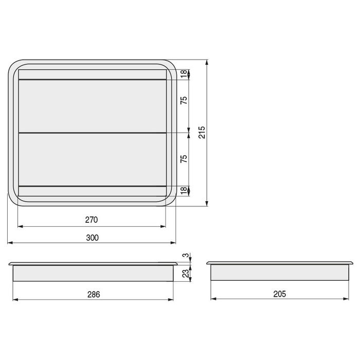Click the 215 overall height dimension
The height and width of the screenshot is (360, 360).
coord(202,132)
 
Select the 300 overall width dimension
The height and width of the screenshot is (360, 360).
coord(92,238)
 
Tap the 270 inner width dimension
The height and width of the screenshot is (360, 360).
coord(91,220)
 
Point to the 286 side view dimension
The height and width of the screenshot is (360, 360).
coord(93,295)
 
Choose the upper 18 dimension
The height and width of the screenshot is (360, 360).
coord(184,75)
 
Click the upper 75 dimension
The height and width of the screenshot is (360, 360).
coord(184,101)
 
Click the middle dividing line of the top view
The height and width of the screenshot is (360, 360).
coord(92,133)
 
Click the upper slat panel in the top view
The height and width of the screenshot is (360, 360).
coord(92,106)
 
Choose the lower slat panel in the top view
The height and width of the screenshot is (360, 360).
coord(92,159)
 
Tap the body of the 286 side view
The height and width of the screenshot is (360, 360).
coord(93,273)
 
